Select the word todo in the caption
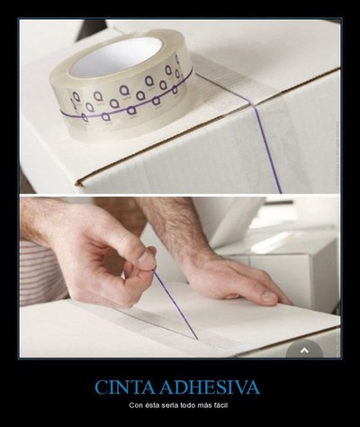tap(186, 406)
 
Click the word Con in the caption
tap(134, 406)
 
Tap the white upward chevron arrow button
tap(304, 350)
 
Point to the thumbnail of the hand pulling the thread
tap(147, 258)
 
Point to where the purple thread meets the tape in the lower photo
tap(197, 340)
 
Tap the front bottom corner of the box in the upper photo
tap(79, 182)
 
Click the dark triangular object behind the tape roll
tap(91, 29)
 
